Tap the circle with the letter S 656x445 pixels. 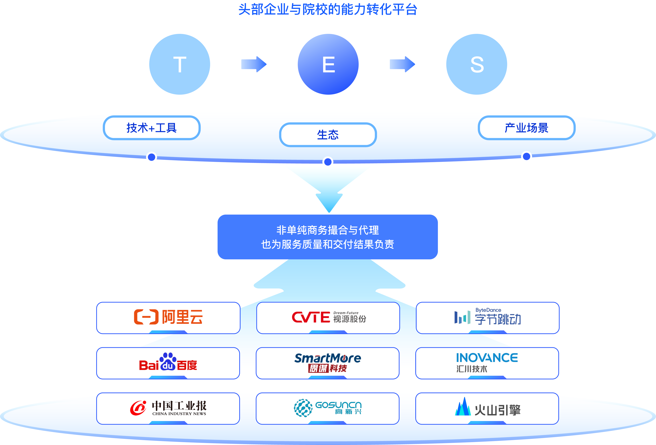[477, 64]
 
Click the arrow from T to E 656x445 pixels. [254, 64]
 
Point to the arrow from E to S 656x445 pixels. [402, 64]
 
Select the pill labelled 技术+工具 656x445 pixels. [152, 128]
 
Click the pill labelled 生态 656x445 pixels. [328, 135]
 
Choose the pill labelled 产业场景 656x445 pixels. [526, 128]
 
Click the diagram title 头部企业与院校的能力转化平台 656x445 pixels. [328, 10]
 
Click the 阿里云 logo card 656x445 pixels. [168, 318]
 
